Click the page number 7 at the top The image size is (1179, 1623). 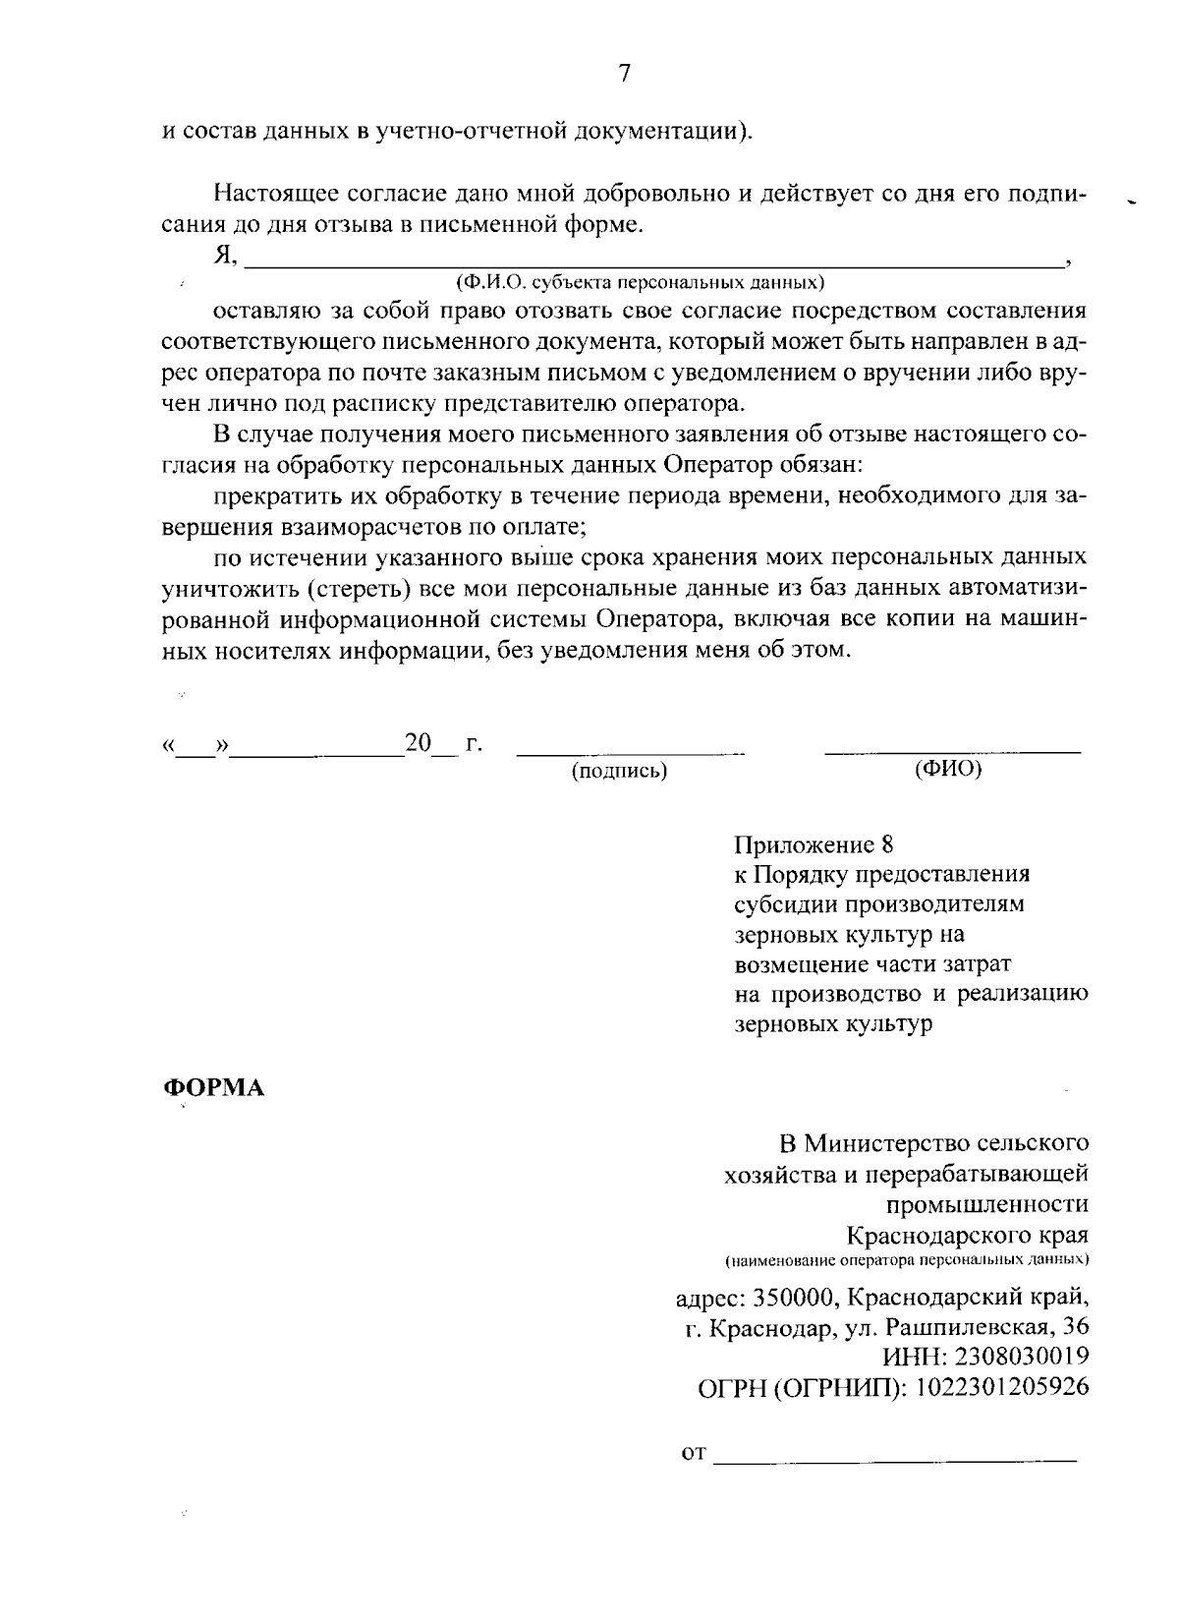click(x=624, y=73)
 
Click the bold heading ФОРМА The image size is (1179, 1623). click(x=213, y=1089)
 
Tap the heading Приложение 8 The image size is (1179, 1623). click(x=814, y=843)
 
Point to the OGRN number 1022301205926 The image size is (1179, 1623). click(x=1002, y=1387)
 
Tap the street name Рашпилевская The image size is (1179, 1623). click(x=964, y=1327)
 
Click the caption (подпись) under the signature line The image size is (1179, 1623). click(x=620, y=772)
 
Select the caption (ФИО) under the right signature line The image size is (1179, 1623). click(x=947, y=770)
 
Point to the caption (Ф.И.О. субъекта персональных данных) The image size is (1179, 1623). click(x=640, y=283)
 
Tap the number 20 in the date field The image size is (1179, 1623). click(x=419, y=743)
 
